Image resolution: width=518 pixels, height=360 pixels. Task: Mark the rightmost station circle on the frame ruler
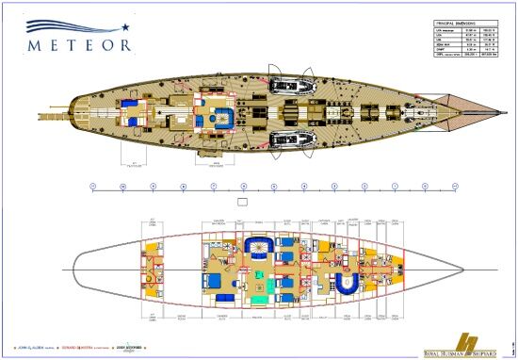click(455, 187)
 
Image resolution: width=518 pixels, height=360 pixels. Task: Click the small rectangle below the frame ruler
click(243, 201)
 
